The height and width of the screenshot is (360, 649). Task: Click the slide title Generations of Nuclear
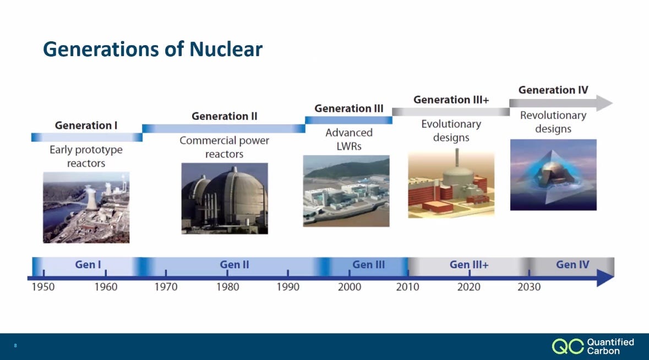(x=152, y=49)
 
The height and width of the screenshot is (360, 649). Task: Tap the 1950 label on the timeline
(x=43, y=287)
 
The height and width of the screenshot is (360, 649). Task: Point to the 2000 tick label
(x=350, y=287)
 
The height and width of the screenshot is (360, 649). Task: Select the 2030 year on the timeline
(x=529, y=287)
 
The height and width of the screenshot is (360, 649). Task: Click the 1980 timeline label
(x=228, y=287)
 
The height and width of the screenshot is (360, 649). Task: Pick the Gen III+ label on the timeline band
(x=469, y=264)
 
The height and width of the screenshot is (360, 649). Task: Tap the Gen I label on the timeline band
(x=88, y=264)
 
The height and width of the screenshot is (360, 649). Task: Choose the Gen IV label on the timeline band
(x=572, y=264)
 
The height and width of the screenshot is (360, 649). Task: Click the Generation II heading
(x=225, y=116)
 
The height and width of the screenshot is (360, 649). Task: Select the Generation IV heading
(x=553, y=90)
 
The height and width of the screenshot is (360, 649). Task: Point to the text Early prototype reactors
(x=86, y=156)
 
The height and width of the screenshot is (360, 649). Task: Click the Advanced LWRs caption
(x=349, y=139)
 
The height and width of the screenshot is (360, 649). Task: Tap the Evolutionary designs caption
(x=451, y=131)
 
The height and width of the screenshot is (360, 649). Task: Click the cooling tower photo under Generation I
(x=86, y=208)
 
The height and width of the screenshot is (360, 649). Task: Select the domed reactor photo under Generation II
(x=225, y=198)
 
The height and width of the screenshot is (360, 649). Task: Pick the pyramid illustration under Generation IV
(x=553, y=174)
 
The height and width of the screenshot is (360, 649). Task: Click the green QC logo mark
(x=568, y=346)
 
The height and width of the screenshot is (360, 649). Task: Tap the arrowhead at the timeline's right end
(x=606, y=277)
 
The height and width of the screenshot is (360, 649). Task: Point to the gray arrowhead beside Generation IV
(x=604, y=103)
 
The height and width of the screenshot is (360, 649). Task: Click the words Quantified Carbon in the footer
(x=610, y=346)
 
